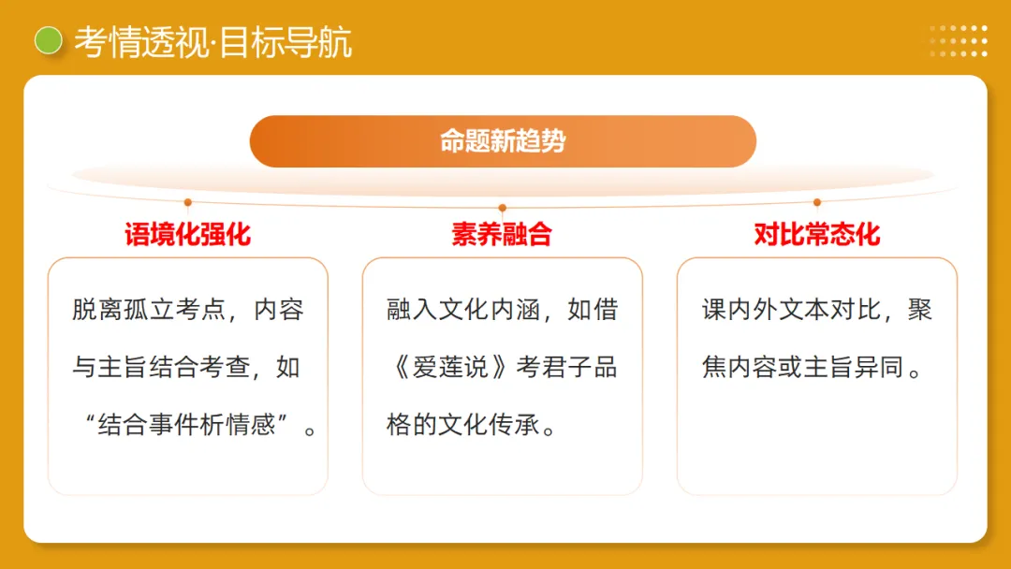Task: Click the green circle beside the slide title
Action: (48, 40)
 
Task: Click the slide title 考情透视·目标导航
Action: (213, 42)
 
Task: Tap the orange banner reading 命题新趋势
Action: (503, 141)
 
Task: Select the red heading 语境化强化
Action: (187, 234)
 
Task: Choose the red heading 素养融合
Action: (502, 234)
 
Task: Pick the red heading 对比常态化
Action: (817, 234)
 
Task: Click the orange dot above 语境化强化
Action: (188, 202)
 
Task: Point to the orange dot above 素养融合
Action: (503, 208)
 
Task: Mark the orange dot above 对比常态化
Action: (817, 202)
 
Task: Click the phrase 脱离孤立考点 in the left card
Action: (147, 310)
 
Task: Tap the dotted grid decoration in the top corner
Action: (959, 41)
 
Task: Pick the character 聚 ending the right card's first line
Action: (920, 310)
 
